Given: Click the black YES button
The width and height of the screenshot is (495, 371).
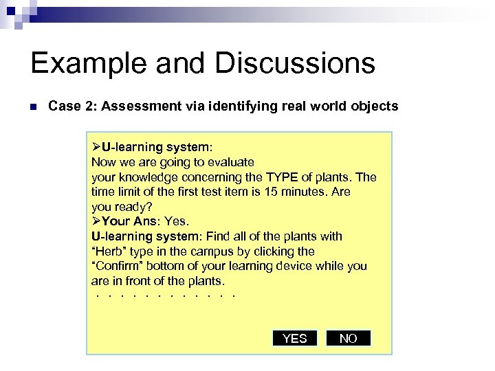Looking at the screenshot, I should [x=295, y=338].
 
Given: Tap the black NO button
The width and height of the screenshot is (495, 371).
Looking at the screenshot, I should [x=349, y=338].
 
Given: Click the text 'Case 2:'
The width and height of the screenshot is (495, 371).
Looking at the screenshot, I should [x=68, y=106].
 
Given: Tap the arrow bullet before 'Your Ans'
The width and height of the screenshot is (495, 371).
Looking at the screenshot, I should [x=96, y=221].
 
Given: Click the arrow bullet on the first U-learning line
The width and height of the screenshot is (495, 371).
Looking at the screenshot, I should [x=96, y=148].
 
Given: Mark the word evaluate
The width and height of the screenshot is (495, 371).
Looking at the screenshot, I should [x=231, y=162].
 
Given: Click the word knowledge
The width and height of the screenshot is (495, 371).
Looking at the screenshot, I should [x=147, y=177].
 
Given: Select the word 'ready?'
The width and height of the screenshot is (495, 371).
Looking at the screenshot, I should [x=133, y=207].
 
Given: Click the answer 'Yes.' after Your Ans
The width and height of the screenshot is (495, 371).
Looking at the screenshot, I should [x=177, y=221].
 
